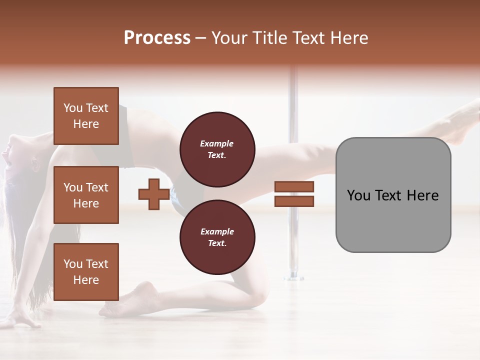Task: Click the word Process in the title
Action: coord(157,38)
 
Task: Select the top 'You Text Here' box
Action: coord(86,116)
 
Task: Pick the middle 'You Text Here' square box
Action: coord(86,195)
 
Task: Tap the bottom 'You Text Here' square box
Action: coord(86,271)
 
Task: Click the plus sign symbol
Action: coord(153,194)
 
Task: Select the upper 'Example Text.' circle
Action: coord(217,149)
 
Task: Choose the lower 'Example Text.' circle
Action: coord(217,237)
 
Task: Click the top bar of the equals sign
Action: coord(294,186)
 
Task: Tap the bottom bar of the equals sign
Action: coord(294,201)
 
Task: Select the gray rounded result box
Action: coord(393,195)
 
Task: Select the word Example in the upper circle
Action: coord(216,143)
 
